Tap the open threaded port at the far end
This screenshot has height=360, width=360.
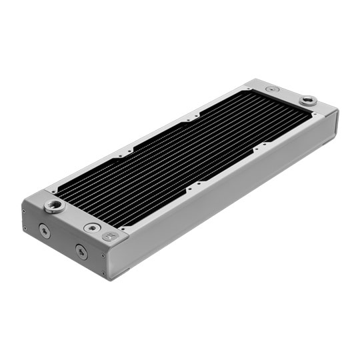[x=307, y=101]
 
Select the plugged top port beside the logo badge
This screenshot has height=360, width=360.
[x=91, y=227]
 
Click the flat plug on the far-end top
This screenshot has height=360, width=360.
[x=271, y=89]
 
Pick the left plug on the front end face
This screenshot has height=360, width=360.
[x=43, y=231]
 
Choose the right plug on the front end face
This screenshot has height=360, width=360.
[x=81, y=251]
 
